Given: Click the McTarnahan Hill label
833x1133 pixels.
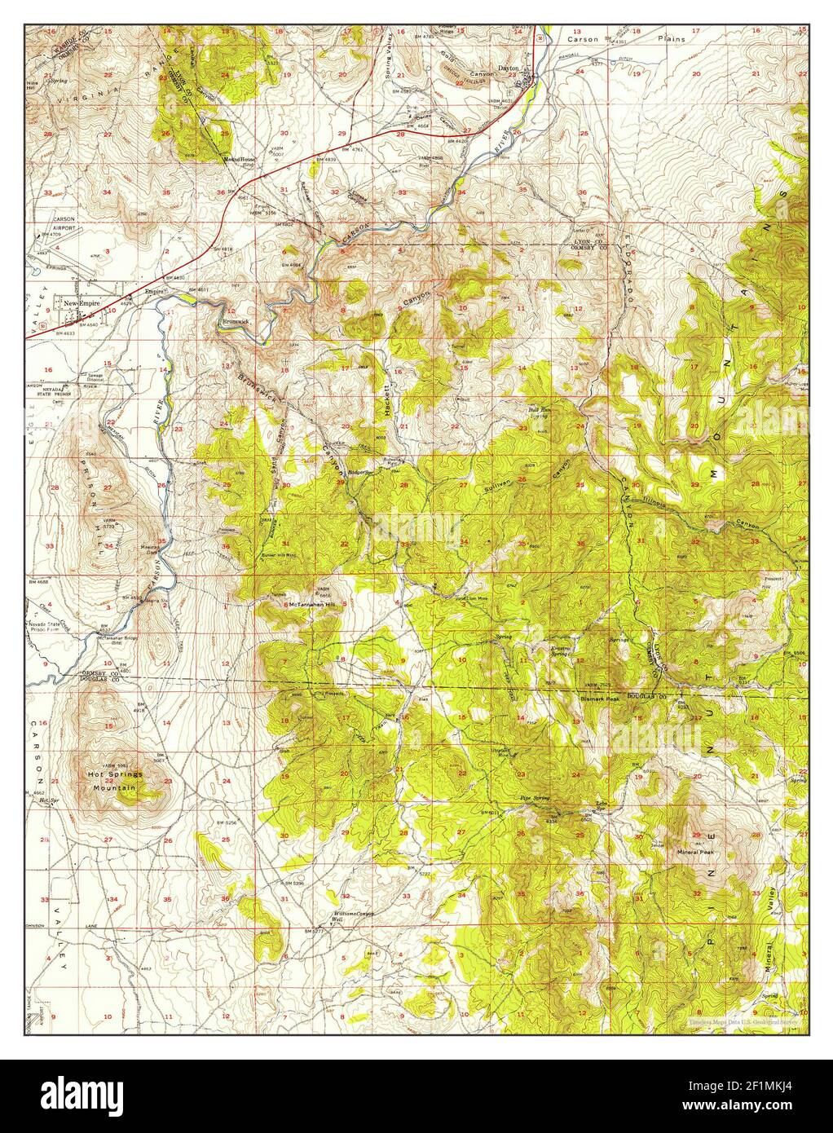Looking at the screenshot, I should pyautogui.click(x=312, y=605).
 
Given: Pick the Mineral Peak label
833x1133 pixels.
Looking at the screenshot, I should pyautogui.click(x=695, y=853).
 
